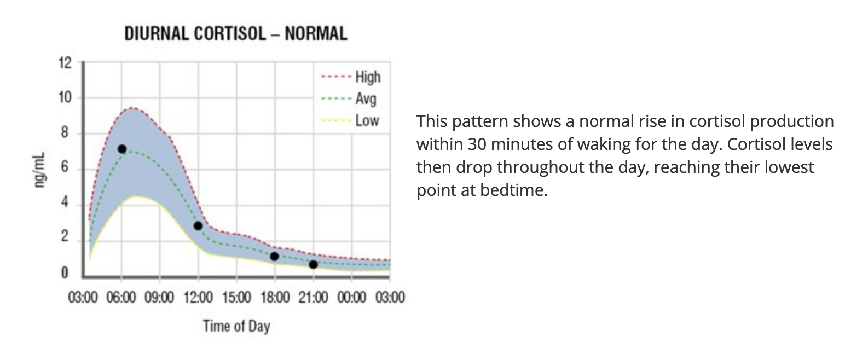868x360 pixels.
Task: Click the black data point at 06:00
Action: [122, 149]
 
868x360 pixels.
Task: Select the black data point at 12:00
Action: [198, 225]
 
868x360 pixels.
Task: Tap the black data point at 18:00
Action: [274, 256]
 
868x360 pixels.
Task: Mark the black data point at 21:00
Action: [313, 265]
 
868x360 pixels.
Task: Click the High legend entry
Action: [351, 77]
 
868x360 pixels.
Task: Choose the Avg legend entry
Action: [349, 99]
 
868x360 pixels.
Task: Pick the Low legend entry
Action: [350, 120]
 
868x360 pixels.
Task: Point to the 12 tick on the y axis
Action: [65, 63]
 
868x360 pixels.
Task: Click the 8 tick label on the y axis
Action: [65, 132]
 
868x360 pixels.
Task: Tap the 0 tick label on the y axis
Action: [65, 273]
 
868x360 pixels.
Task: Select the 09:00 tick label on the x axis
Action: [159, 297]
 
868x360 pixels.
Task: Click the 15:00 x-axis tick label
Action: [236, 297]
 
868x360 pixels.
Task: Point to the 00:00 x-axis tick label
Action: [351, 297]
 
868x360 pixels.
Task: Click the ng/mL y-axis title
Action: [40, 170]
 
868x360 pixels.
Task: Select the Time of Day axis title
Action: [236, 326]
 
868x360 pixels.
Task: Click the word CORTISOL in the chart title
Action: [230, 34]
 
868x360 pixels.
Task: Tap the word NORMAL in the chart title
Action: [316, 34]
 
